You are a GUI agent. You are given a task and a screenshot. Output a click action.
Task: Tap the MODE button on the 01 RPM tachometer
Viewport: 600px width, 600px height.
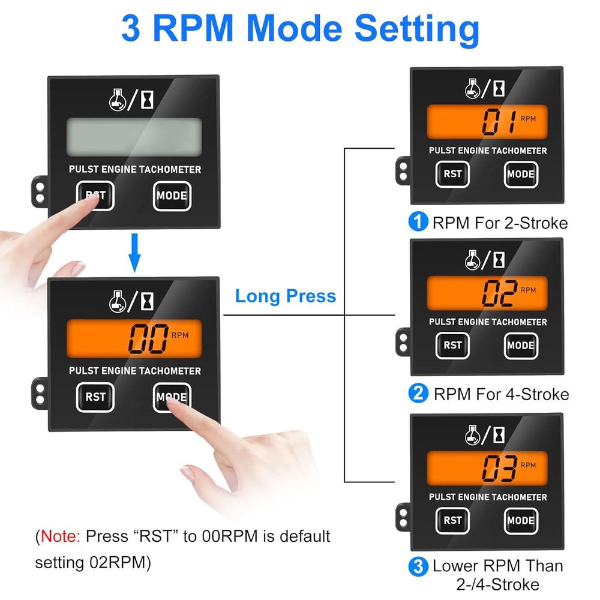click(x=520, y=174)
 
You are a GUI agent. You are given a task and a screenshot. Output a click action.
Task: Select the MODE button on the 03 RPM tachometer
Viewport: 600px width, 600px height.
click(x=520, y=520)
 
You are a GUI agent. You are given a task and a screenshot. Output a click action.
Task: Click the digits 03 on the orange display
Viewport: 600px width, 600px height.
click(x=500, y=469)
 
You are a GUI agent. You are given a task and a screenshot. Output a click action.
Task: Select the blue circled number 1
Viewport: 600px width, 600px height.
click(x=417, y=223)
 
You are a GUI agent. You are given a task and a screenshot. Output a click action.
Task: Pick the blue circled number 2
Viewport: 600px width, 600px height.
click(x=417, y=394)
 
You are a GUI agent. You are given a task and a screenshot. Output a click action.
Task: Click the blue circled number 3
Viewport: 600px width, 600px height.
click(x=417, y=566)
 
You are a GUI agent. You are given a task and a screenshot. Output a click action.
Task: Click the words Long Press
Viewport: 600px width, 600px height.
click(x=285, y=296)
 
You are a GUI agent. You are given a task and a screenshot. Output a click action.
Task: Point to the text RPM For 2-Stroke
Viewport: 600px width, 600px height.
click(x=500, y=223)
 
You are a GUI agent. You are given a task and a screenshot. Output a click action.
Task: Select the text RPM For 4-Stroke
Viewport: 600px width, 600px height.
click(x=501, y=394)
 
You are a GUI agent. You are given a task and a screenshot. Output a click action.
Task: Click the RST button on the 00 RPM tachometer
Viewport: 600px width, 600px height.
click(x=95, y=397)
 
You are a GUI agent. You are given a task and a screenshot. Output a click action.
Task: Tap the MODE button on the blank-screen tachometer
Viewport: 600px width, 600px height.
click(x=172, y=196)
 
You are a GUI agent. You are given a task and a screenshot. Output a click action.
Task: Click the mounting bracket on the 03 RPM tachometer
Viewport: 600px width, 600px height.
click(x=401, y=516)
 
